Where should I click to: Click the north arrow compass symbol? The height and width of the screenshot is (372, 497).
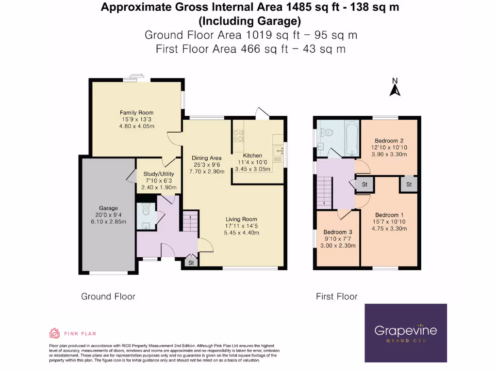click(x=395, y=87)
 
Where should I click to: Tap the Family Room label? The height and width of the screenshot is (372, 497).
click(x=136, y=112)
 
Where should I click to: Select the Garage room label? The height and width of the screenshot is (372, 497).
click(x=108, y=208)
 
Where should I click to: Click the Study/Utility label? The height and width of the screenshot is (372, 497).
click(x=159, y=174)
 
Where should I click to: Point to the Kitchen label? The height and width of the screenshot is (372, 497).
click(x=252, y=155)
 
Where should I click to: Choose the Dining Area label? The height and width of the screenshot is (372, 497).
click(x=207, y=158)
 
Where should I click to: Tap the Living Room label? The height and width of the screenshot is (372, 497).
click(x=241, y=219)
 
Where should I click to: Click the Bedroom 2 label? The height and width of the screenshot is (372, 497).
click(x=389, y=141)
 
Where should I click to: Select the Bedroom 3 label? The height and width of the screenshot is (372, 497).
click(x=338, y=232)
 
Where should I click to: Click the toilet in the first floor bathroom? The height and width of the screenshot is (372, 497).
click(x=326, y=132)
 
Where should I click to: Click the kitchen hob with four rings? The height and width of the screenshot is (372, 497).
click(x=238, y=136)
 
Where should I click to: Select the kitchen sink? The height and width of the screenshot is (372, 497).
click(x=278, y=151)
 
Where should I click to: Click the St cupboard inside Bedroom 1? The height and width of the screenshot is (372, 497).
click(x=409, y=184)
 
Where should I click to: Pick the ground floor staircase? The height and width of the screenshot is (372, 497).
click(x=190, y=221)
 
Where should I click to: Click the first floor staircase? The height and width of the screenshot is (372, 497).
click(x=324, y=192)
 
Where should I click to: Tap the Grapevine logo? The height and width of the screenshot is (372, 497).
click(x=406, y=333)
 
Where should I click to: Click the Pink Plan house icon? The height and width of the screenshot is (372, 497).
click(x=54, y=333)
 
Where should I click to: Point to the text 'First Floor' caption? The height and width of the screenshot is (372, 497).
click(x=337, y=297)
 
